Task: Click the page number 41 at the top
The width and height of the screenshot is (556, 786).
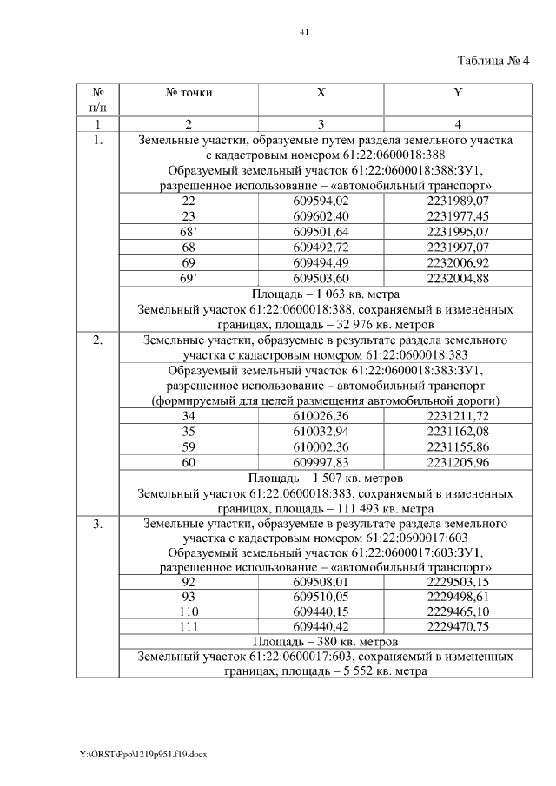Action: [304, 32]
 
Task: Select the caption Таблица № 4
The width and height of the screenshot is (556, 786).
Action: [493, 59]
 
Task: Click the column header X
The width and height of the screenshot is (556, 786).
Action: [321, 91]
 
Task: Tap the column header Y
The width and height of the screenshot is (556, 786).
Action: [458, 91]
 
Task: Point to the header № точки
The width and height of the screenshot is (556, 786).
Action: [189, 91]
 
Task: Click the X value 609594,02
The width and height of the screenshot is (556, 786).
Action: [321, 201]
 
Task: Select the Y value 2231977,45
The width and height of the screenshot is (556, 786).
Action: [458, 216]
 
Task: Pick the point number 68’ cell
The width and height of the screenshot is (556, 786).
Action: [189, 232]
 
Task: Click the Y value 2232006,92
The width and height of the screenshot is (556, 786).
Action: [458, 262]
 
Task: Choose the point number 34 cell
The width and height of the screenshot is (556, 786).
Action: [189, 418]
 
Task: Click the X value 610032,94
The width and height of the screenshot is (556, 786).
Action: [321, 432]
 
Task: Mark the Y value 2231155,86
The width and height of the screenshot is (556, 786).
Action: [458, 447]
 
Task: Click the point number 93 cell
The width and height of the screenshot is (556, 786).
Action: [189, 597]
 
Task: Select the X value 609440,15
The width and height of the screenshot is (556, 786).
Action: [321, 611]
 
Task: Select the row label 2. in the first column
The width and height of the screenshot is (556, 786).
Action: [98, 341]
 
